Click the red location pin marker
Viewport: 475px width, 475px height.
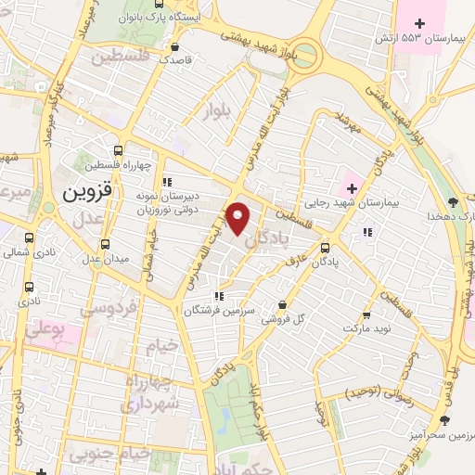tap(238, 219)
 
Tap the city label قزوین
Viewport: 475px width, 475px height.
tap(86, 192)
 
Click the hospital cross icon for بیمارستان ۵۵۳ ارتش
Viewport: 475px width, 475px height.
tap(419, 23)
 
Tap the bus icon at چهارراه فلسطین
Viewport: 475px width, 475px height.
tap(118, 150)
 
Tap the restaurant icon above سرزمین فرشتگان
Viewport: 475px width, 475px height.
tap(218, 297)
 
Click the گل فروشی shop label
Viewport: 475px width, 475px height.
tap(282, 319)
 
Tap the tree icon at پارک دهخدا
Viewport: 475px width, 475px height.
tap(453, 201)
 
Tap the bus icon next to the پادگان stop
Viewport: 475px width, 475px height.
tap(325, 248)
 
